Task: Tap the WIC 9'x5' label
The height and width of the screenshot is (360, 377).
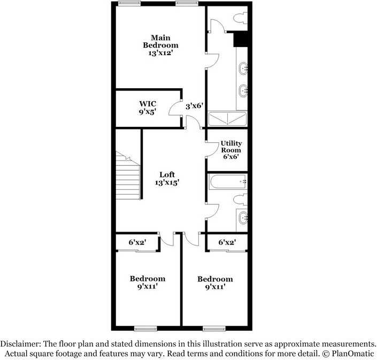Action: tap(148, 108)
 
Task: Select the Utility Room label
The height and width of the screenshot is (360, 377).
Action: tap(231, 150)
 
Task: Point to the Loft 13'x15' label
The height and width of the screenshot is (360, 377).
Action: tap(167, 179)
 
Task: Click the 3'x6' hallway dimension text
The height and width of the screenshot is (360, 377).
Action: tap(193, 106)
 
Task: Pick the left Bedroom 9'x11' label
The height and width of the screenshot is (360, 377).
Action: tap(148, 282)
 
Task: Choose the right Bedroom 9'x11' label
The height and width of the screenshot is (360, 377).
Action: tap(215, 282)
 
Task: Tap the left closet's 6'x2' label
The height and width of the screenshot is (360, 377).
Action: tap(137, 242)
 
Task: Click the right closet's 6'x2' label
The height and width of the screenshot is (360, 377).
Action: tap(227, 242)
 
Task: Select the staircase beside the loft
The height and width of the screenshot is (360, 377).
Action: tap(128, 177)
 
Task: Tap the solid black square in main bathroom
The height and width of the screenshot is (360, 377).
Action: tap(242, 40)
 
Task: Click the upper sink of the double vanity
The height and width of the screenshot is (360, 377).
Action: tap(243, 68)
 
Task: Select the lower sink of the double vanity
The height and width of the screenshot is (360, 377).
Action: tap(243, 90)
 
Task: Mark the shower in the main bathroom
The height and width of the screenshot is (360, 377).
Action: tap(228, 118)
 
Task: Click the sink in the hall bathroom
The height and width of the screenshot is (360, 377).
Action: tap(243, 217)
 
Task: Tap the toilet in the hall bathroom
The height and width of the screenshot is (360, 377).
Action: tap(240, 200)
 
